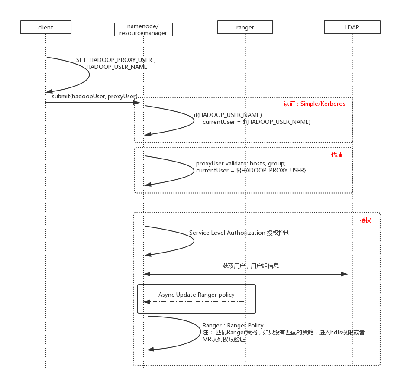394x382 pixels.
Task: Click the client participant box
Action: pos(45,27)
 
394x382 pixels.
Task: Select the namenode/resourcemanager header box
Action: pos(143,29)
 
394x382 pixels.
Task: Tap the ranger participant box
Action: pos(245,27)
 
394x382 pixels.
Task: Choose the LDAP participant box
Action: pos(352,27)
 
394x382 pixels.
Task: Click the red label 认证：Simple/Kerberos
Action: pos(314,104)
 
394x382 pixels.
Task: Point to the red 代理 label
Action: pos(337,154)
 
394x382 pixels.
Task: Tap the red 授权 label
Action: pos(365,220)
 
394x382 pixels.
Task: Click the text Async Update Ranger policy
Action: pos(196,295)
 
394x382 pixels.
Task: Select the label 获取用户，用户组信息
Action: pos(251,265)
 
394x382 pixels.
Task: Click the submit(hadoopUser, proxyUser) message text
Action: pos(94,96)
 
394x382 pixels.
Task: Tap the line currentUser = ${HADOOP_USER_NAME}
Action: pos(256,122)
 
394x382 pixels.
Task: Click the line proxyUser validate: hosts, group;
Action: pos(241,163)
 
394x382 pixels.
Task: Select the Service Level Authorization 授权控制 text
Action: pos(239,233)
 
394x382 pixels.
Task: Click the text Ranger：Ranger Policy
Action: pos(233,325)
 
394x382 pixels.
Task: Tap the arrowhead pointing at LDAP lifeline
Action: pos(345,274)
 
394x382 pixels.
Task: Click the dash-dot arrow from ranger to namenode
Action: pos(195,302)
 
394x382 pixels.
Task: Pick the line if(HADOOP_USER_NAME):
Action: pos(228,115)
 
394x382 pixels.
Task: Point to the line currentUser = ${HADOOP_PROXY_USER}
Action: pos(251,170)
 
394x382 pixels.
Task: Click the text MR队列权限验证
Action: pos(224,339)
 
